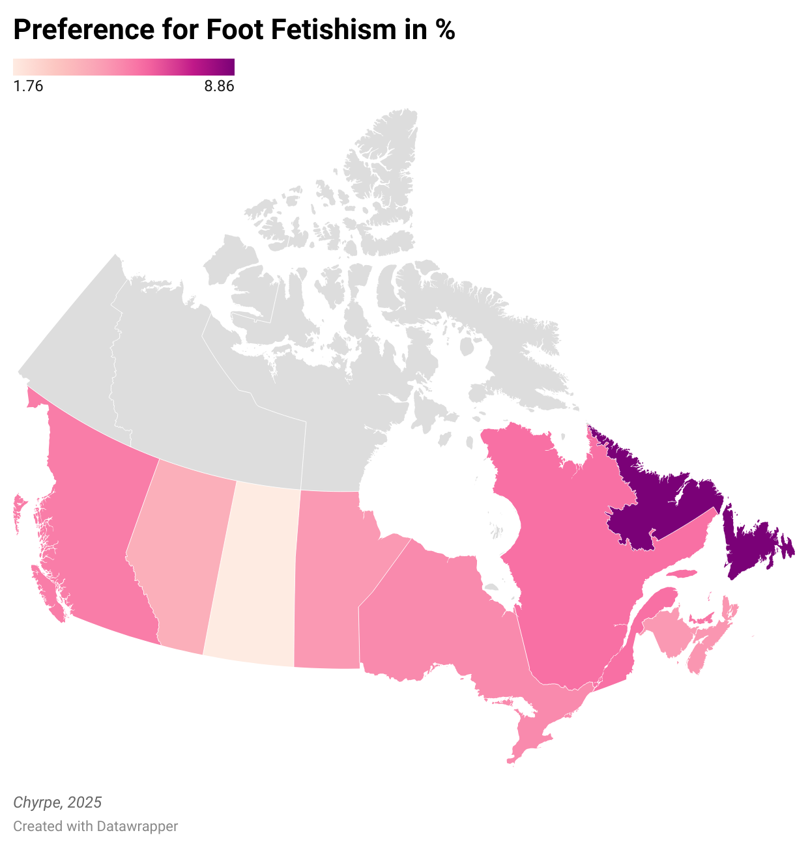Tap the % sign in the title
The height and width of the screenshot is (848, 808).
(x=446, y=29)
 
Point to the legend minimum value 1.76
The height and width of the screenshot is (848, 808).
(x=28, y=86)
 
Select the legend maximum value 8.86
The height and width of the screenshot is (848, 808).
(x=219, y=86)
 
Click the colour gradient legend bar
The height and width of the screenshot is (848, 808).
(x=124, y=66)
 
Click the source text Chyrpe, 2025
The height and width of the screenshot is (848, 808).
(x=57, y=802)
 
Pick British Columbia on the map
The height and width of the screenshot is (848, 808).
(x=98, y=521)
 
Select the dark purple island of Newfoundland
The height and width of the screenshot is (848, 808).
(x=756, y=547)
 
